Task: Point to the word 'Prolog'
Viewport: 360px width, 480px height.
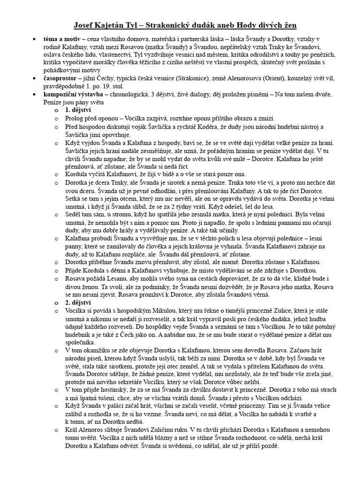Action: (75, 119)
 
